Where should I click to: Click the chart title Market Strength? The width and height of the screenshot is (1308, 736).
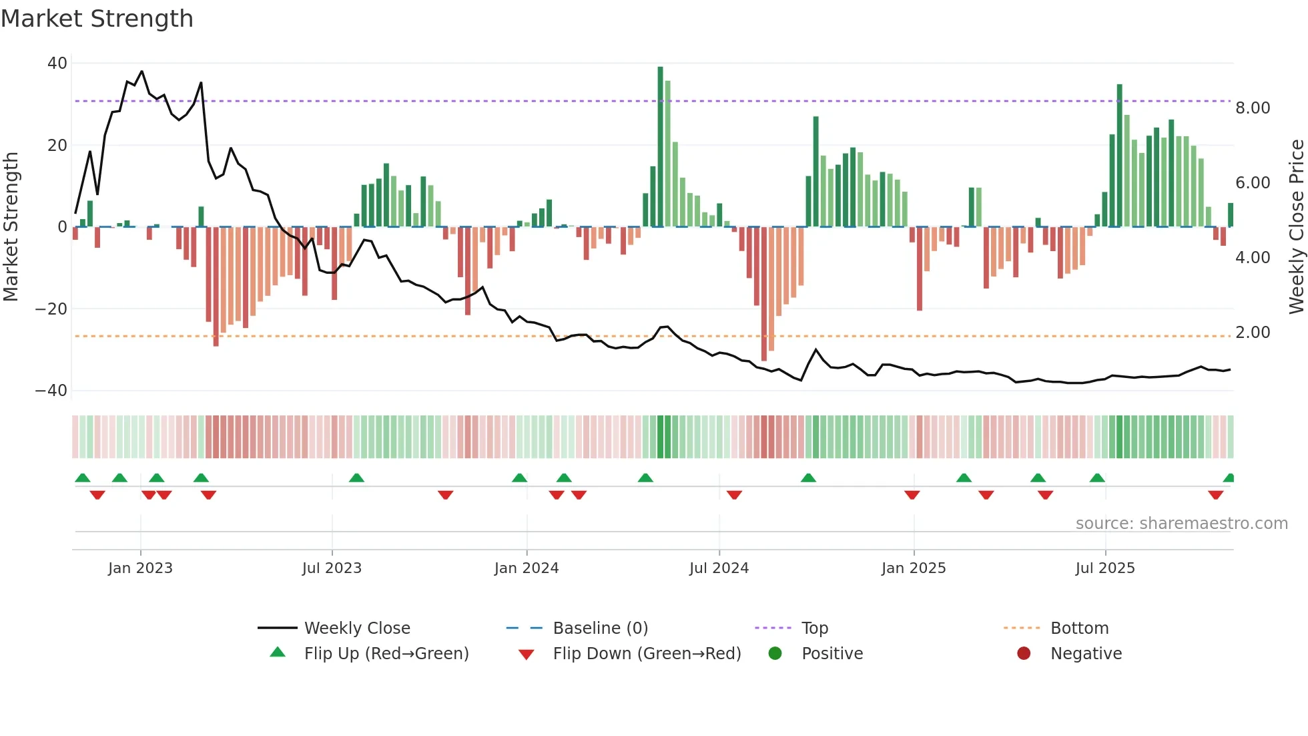[x=97, y=19]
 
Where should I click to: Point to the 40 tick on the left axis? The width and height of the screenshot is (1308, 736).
[x=57, y=63]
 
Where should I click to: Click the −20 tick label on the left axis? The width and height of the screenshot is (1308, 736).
[x=51, y=309]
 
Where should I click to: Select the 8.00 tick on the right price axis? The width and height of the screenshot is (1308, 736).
[x=1253, y=108]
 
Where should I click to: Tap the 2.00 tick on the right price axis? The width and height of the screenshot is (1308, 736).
[x=1253, y=333]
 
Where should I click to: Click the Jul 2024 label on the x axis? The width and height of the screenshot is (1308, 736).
[x=719, y=568]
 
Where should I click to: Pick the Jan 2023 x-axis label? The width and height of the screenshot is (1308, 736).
[x=140, y=568]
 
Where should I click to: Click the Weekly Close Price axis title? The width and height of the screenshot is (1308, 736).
[x=1296, y=227]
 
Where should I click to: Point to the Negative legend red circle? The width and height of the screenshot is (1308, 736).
[x=1024, y=653]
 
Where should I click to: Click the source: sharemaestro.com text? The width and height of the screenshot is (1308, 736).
[x=1181, y=524]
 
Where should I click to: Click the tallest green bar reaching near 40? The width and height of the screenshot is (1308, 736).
[x=660, y=147]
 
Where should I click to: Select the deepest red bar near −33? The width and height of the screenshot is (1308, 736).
[x=764, y=294]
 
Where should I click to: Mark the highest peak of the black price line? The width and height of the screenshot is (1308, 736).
[x=141, y=71]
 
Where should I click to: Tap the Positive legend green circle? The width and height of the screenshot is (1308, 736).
[x=775, y=653]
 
